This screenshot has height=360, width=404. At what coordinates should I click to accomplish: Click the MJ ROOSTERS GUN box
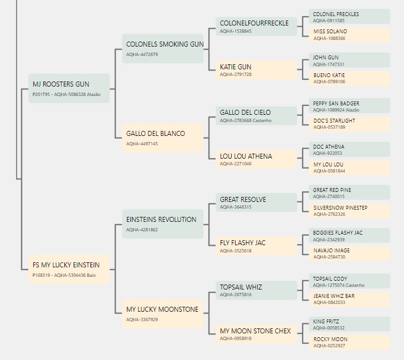click(69, 88)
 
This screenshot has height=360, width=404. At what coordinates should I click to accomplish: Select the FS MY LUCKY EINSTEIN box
click(69, 270)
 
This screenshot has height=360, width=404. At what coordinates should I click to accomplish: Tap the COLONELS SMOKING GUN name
click(165, 44)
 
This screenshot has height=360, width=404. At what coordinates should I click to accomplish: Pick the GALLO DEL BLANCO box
click(163, 138)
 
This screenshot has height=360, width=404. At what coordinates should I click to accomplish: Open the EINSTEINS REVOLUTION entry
click(163, 224)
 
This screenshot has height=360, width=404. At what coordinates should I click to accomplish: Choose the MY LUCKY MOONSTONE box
click(163, 314)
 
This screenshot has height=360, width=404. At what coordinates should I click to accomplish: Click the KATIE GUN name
click(236, 67)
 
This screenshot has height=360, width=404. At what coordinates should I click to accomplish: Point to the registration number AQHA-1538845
click(236, 31)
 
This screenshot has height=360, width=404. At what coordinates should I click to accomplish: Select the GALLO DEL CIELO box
click(257, 116)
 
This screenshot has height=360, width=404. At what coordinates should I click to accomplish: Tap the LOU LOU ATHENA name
click(246, 156)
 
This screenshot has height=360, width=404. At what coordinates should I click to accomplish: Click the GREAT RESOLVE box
click(257, 202)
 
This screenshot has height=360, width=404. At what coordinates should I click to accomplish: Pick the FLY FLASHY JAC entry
click(257, 246)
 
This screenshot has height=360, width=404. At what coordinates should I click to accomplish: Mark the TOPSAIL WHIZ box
click(257, 290)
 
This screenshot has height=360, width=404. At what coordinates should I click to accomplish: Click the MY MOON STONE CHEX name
click(255, 331)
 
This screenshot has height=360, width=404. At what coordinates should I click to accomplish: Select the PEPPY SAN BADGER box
click(349, 106)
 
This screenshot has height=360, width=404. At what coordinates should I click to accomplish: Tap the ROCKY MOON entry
click(349, 342)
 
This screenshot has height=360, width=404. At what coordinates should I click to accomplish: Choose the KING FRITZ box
click(349, 324)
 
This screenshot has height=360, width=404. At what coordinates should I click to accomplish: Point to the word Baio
click(91, 275)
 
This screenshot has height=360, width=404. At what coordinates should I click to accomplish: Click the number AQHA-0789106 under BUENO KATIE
click(329, 82)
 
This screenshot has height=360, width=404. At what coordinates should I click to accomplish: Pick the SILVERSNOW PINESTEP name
click(340, 208)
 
